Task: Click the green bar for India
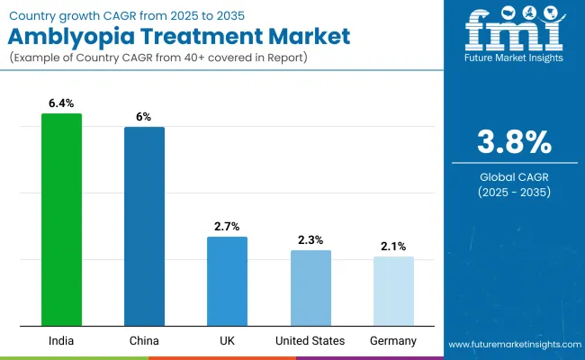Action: pyautogui.click(x=61, y=220)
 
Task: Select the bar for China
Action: pyautogui.click(x=144, y=226)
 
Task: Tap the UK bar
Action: pyautogui.click(x=227, y=281)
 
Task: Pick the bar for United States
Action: pyautogui.click(x=310, y=288)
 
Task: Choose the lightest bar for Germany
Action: pyautogui.click(x=393, y=291)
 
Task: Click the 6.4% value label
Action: pyautogui.click(x=61, y=103)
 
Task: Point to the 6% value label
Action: pyautogui.click(x=144, y=117)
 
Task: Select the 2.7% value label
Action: pyautogui.click(x=227, y=227)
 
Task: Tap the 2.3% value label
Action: pyautogui.click(x=310, y=240)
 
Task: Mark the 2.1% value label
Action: pyautogui.click(x=393, y=246)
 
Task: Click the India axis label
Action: pyautogui.click(x=61, y=341)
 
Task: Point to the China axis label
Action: pyautogui.click(x=144, y=341)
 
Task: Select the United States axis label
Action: pyautogui.click(x=310, y=341)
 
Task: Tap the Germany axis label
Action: pyautogui.click(x=393, y=341)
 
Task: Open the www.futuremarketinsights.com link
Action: pyautogui.click(x=514, y=345)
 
